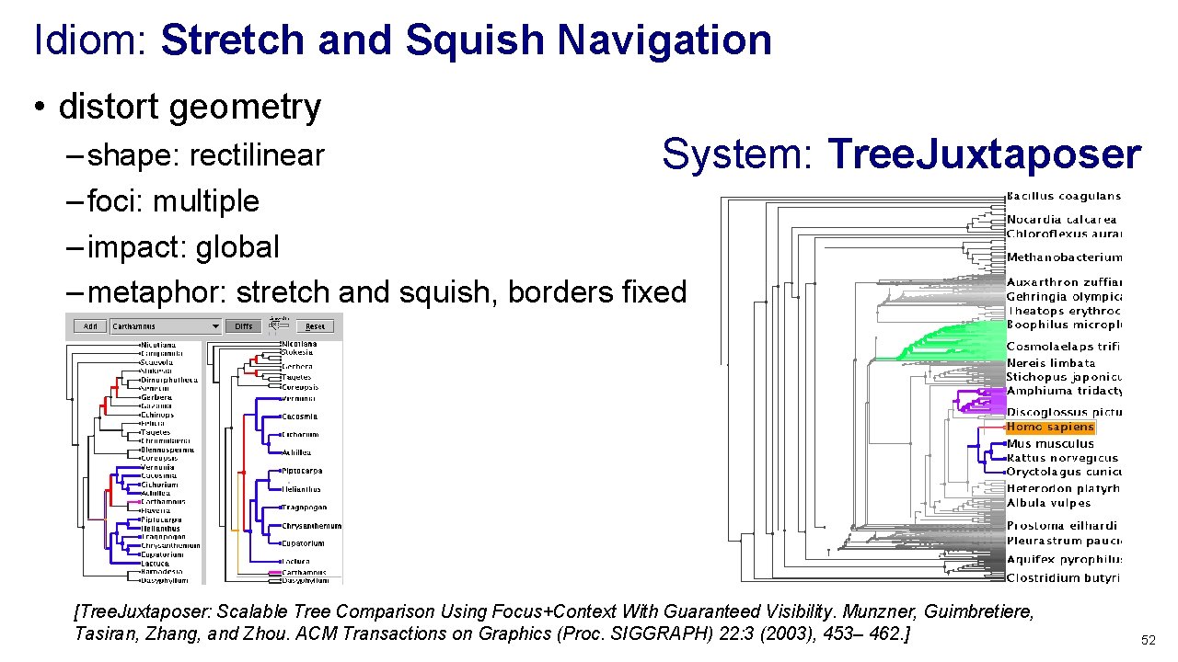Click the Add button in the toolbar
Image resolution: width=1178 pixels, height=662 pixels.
click(90, 326)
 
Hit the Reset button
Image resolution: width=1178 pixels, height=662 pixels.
click(315, 326)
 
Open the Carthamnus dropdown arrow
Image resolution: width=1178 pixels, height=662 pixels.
click(215, 326)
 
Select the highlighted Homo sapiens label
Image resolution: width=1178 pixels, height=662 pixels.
click(1050, 428)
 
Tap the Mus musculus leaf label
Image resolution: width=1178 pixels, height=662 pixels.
click(1050, 443)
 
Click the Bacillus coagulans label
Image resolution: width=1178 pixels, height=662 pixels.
click(1063, 196)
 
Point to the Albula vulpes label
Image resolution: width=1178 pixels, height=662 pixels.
click(1048, 503)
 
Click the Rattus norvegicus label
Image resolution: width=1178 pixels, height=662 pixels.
click(1062, 458)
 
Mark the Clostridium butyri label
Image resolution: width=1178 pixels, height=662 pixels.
click(1063, 578)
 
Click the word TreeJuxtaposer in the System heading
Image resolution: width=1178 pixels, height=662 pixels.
click(985, 154)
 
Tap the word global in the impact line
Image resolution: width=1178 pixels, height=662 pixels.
click(243, 247)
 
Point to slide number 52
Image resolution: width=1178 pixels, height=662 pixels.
click(1148, 640)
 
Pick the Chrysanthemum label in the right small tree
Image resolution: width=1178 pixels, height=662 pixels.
click(311, 526)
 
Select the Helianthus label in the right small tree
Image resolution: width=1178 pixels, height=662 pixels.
click(302, 489)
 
